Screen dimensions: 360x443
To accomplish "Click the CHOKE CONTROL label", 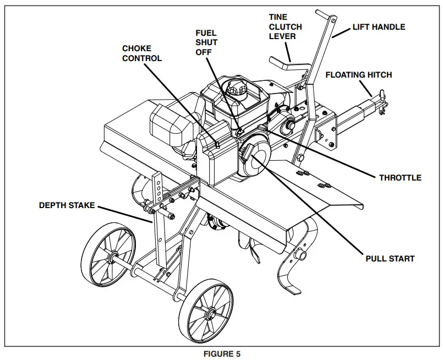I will (142, 53).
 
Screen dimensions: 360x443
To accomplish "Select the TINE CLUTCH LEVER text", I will (285, 26).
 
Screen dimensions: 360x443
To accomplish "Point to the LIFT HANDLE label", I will (379, 26).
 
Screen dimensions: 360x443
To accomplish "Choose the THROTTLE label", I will (400, 177).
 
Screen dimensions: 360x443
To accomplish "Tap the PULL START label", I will (390, 258).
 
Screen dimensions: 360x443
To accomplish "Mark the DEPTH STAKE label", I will (67, 205).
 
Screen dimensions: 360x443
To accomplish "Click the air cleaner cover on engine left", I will (171, 125).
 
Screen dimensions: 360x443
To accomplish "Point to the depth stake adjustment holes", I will (158, 190).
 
